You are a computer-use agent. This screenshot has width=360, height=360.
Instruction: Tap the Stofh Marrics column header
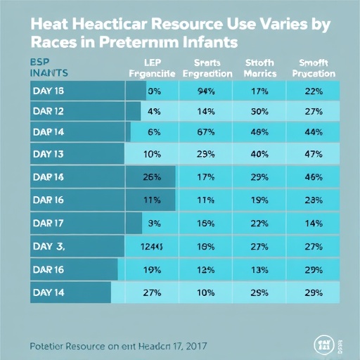(260, 67)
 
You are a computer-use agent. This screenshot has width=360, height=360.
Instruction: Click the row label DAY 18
(48, 90)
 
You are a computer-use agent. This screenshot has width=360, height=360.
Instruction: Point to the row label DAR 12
(48, 110)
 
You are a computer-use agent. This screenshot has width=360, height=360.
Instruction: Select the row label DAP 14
(48, 131)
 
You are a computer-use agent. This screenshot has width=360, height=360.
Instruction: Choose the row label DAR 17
(48, 224)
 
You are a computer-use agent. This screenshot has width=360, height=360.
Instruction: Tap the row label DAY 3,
(48, 245)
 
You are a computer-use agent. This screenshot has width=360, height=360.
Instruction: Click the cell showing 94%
(206, 90)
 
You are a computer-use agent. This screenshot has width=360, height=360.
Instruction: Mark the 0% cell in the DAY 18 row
(153, 90)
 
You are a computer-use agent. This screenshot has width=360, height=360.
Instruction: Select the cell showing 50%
(260, 110)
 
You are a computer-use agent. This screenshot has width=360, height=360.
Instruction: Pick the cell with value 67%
(206, 131)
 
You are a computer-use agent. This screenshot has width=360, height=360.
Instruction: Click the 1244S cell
(153, 245)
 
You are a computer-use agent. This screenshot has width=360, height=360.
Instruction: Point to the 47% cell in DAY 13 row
(314, 154)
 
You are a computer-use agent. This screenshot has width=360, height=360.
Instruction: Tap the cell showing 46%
(314, 176)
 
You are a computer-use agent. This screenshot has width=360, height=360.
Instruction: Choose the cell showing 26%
(153, 176)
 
